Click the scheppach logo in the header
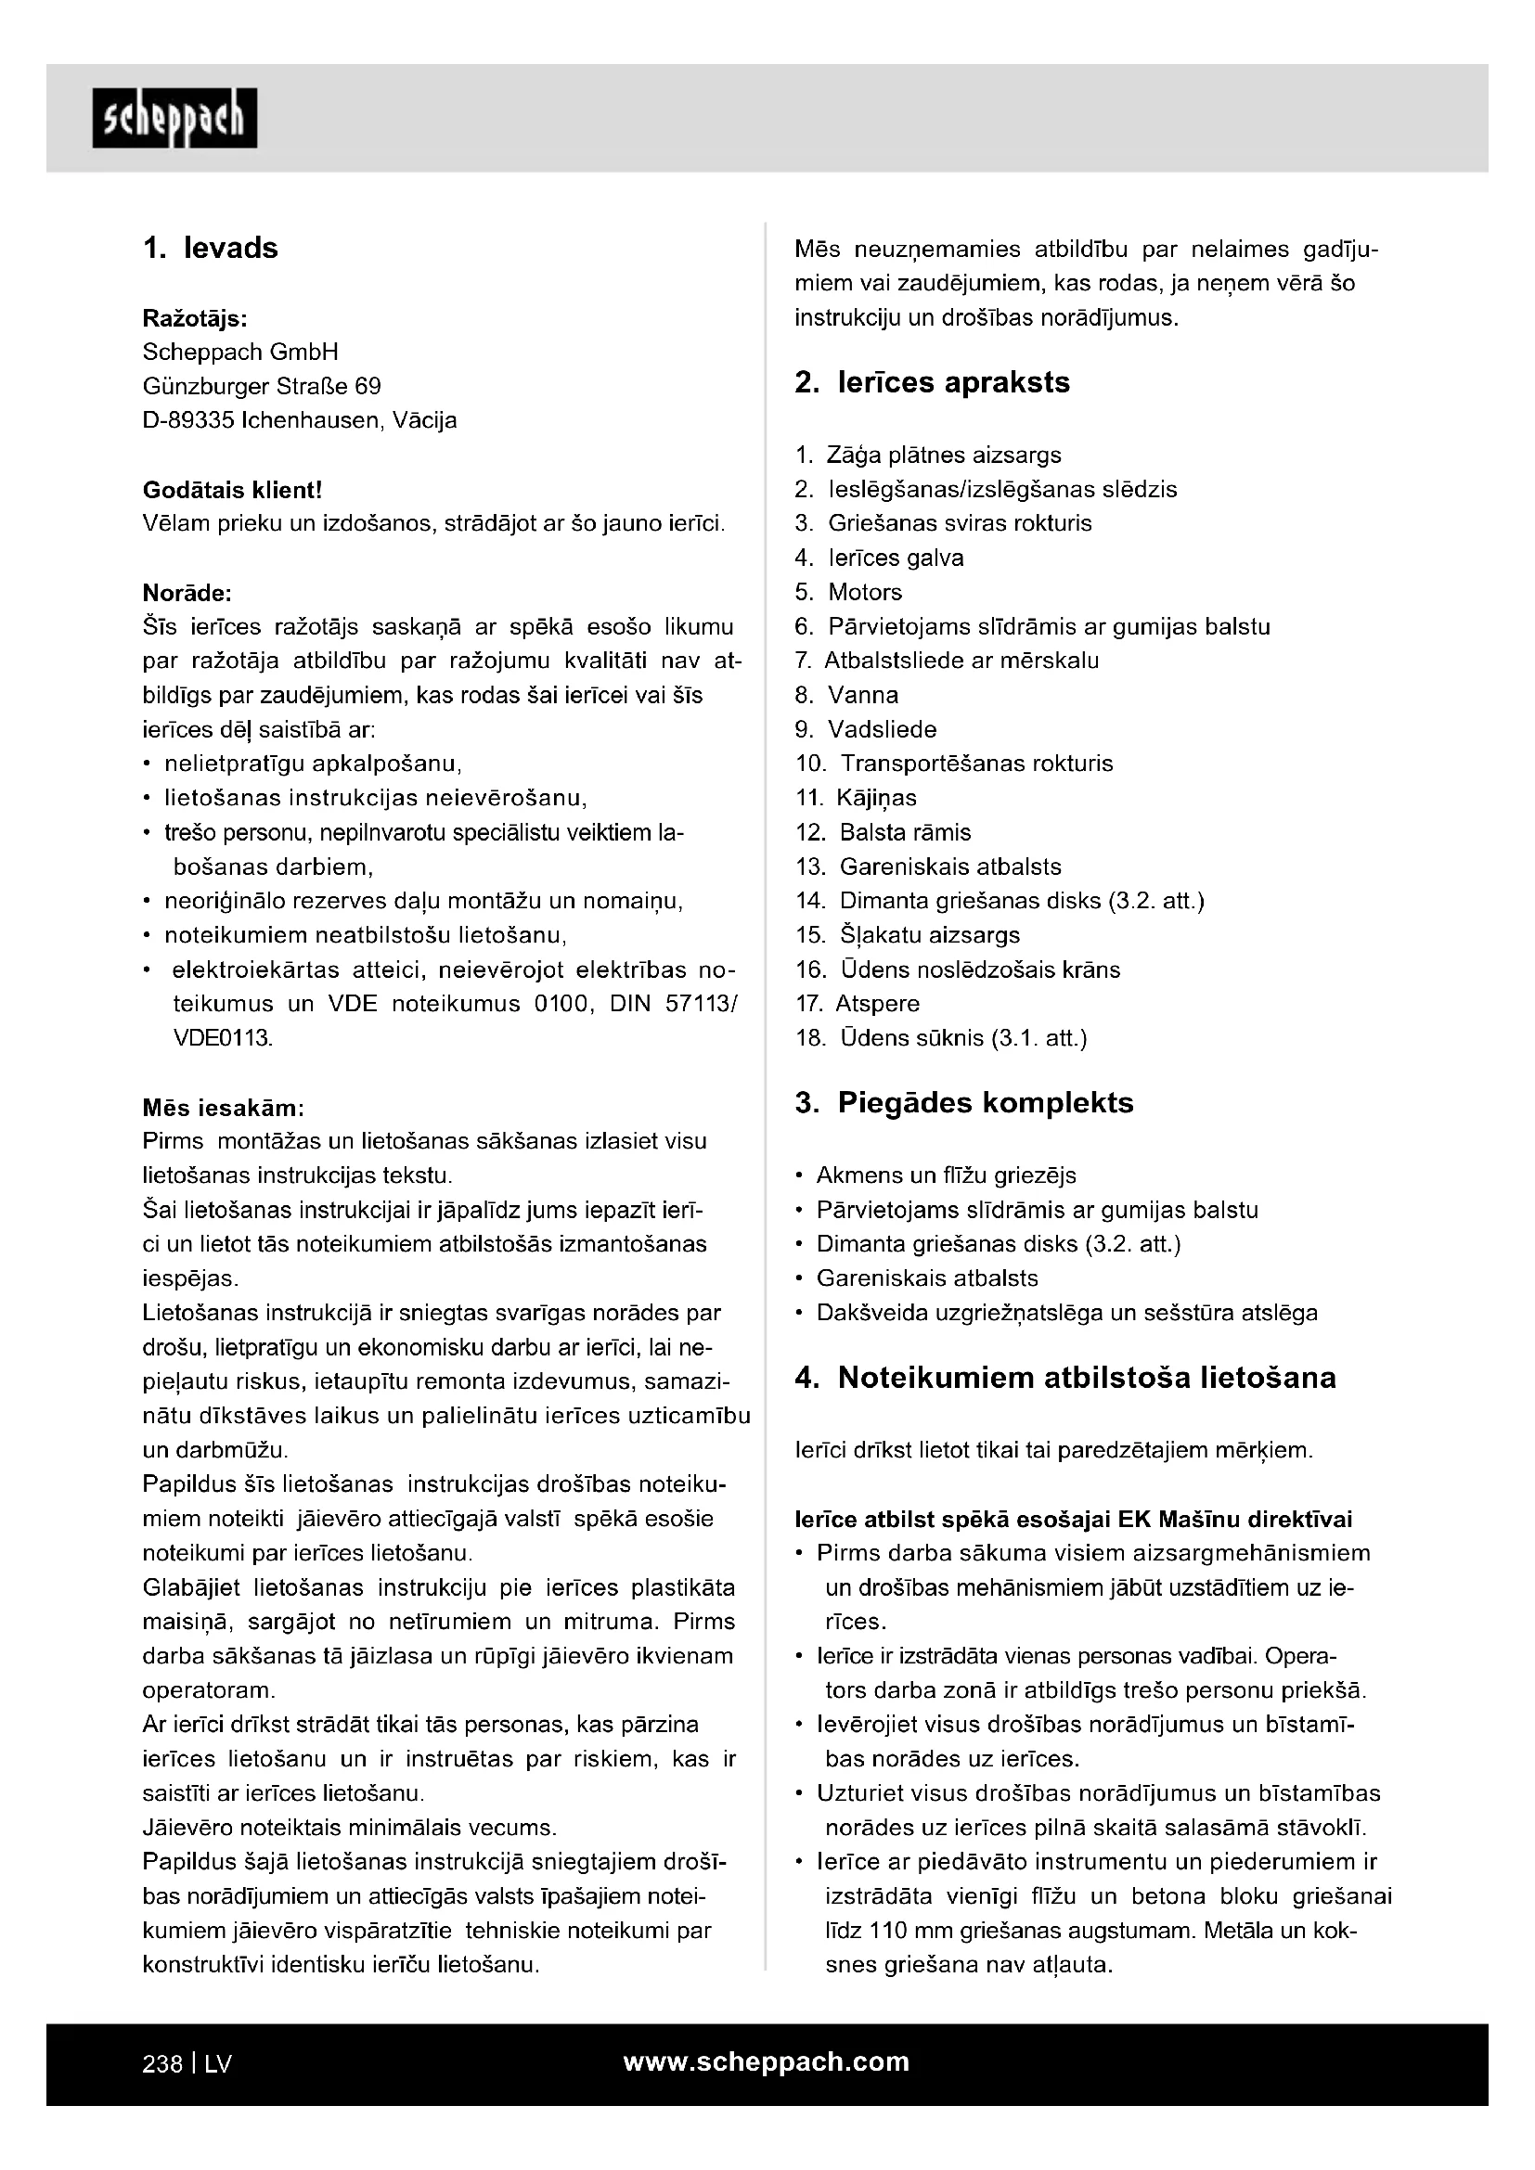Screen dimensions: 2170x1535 click(x=174, y=118)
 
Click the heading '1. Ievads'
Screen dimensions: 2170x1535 click(x=210, y=249)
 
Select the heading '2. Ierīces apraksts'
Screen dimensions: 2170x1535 click(x=932, y=383)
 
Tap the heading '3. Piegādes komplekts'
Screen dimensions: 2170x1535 click(x=964, y=1103)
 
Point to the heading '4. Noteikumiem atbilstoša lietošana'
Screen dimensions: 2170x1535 click(x=1065, y=1378)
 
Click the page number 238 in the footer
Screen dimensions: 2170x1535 click(x=161, y=2063)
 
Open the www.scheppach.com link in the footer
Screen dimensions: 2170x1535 click(x=766, y=2061)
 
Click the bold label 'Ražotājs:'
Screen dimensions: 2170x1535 click(x=195, y=318)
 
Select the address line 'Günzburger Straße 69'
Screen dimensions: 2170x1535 click(x=262, y=387)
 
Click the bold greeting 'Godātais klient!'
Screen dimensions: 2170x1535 click(x=233, y=490)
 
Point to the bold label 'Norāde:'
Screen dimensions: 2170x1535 click(x=187, y=594)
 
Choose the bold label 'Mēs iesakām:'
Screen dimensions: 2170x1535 click(x=223, y=1107)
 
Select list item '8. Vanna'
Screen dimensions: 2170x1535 click(x=846, y=696)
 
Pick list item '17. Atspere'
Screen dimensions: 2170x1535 click(x=858, y=1004)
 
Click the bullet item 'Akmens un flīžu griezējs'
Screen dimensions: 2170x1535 click(x=945, y=1175)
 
